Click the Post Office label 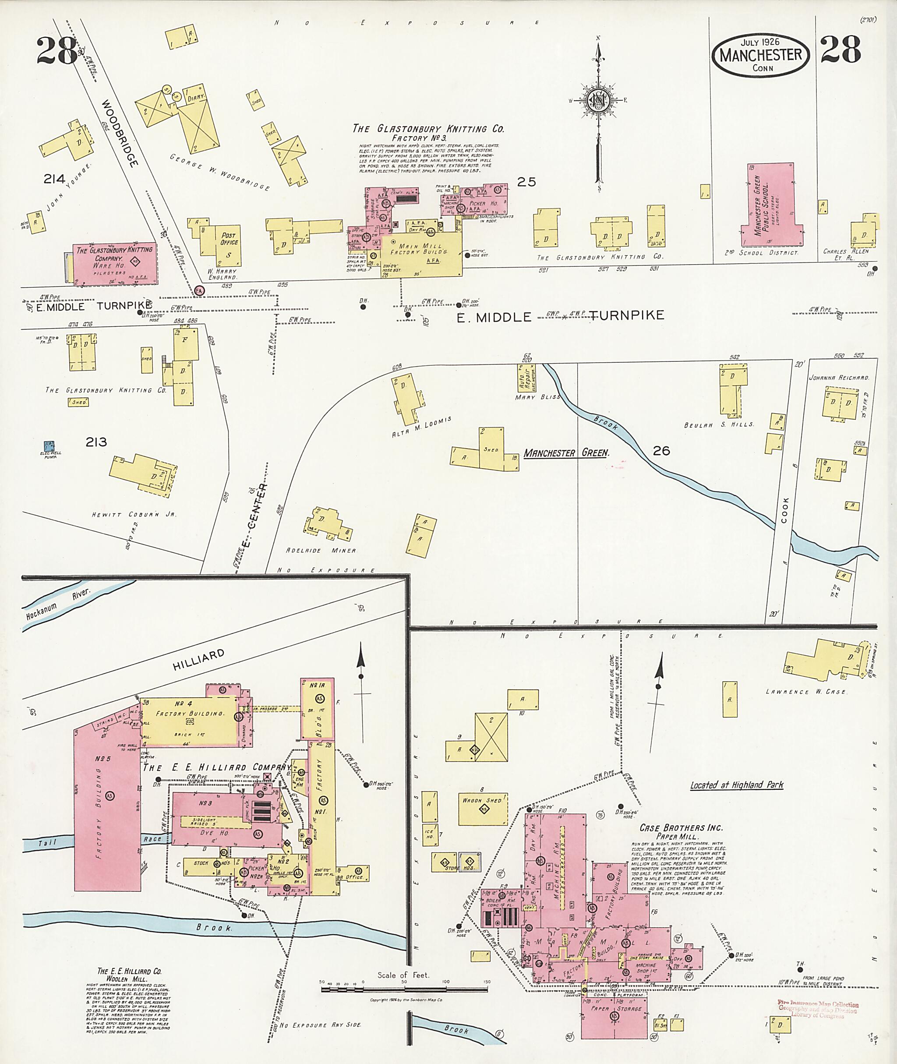[229, 239]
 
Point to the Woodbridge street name [120, 133]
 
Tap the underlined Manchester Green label [566, 452]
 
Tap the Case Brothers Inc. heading [681, 828]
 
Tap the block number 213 [96, 442]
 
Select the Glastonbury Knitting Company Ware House [114, 263]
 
